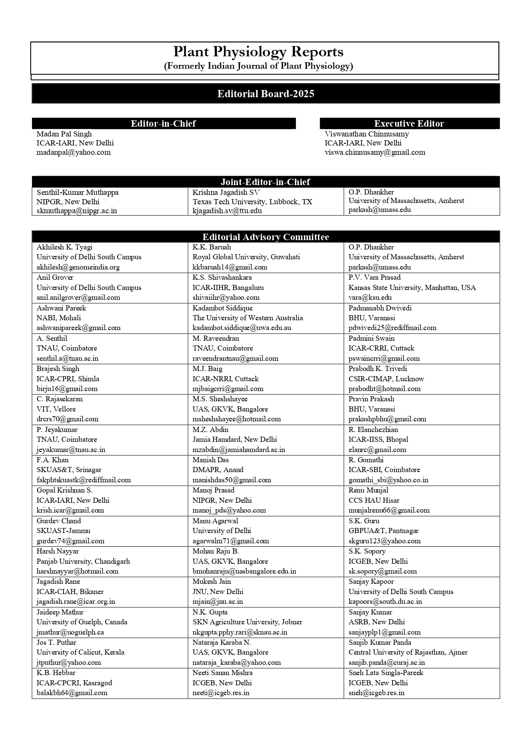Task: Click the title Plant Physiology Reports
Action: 258,52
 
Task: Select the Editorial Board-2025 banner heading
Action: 266,94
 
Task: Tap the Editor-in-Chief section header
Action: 163,124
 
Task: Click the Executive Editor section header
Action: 409,124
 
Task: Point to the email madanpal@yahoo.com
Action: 73,152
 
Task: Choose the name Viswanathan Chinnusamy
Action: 367,134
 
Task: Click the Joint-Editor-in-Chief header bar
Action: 265,182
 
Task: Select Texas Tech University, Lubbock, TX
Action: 252,202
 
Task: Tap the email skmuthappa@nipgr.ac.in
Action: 77,211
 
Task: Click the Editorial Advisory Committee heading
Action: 266,237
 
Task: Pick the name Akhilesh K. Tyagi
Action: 64,247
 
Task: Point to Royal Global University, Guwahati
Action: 246,257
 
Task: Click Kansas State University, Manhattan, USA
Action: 412,288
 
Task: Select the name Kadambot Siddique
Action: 223,308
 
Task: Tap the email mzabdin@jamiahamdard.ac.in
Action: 239,449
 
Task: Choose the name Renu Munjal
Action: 368,490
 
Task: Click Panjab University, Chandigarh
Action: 83,561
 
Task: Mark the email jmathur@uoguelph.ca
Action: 70,632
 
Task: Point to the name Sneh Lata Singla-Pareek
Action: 386,673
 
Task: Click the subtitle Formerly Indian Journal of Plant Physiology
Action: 258,66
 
